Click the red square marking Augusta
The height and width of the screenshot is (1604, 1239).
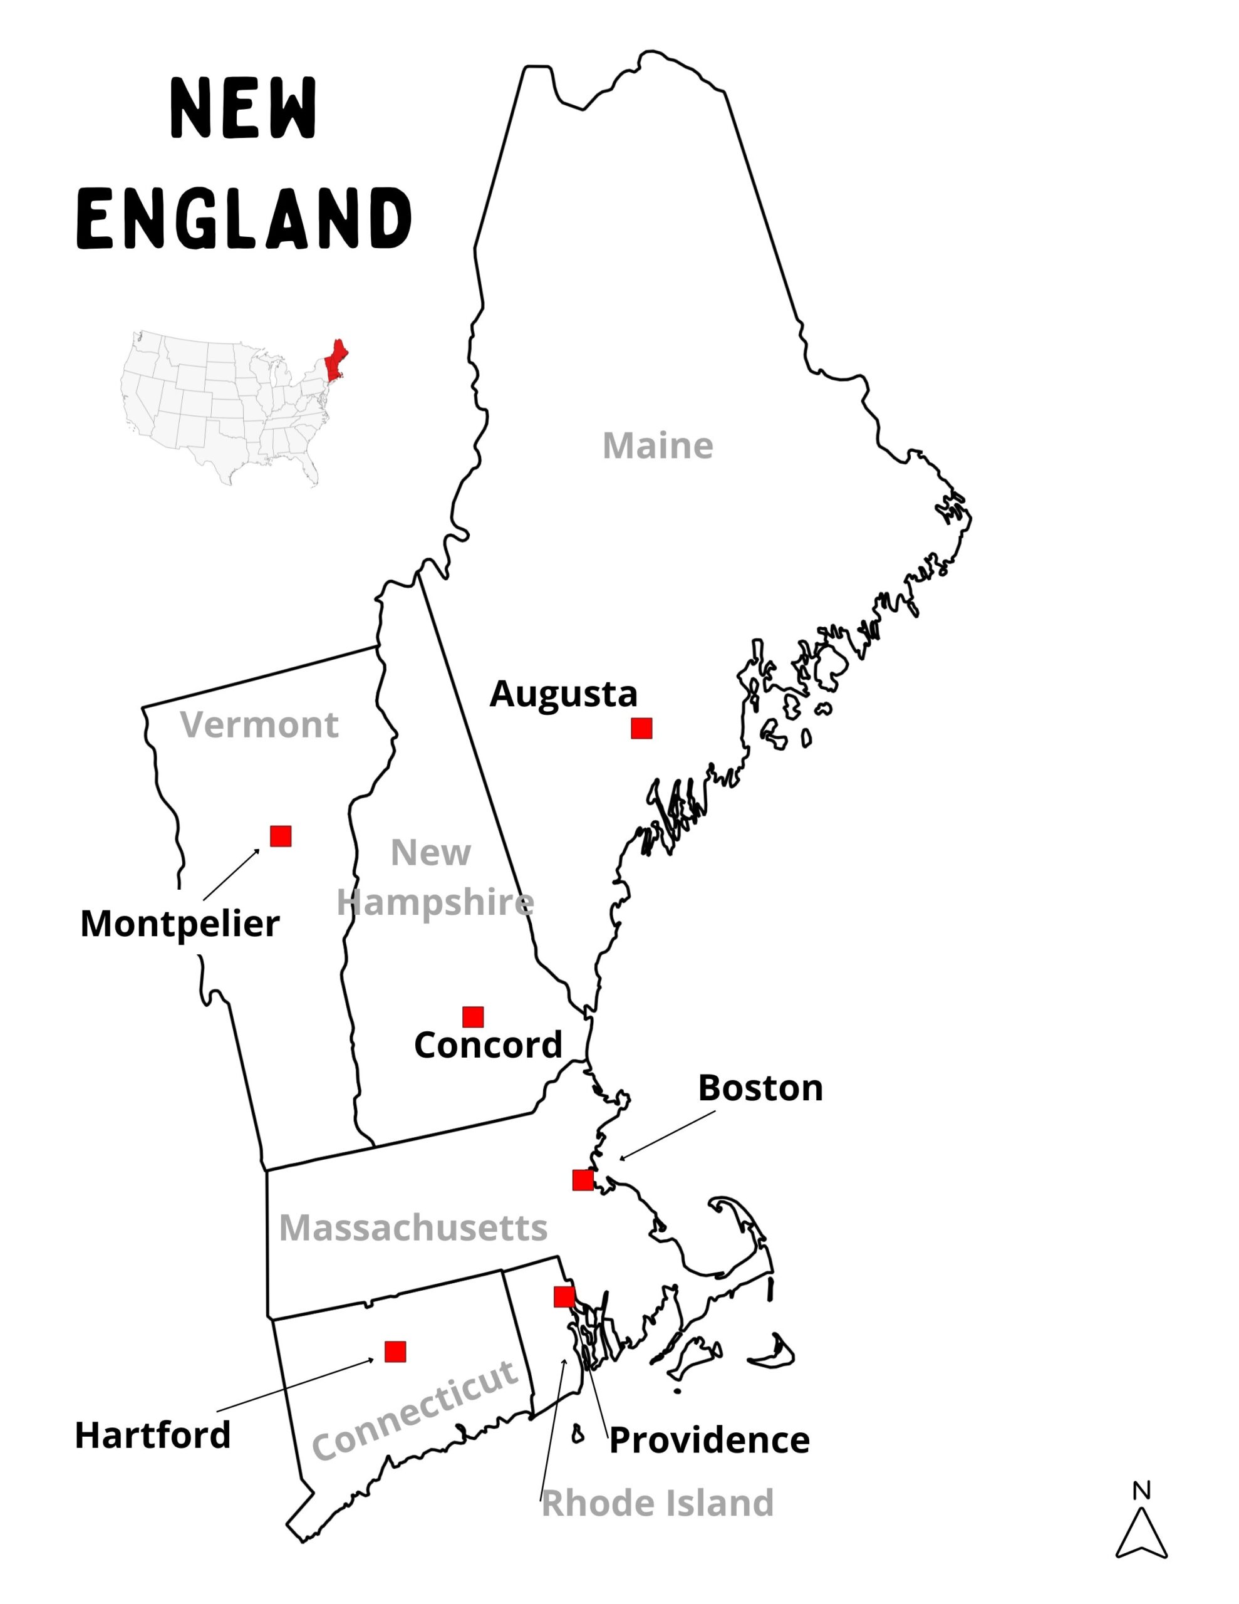(x=641, y=729)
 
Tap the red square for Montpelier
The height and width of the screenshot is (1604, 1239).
(x=281, y=836)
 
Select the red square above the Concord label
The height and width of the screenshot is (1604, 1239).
(x=473, y=1017)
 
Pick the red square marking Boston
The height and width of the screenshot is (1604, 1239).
(x=583, y=1180)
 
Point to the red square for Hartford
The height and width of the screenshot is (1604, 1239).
(x=395, y=1351)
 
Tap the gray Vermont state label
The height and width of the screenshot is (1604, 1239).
(x=259, y=725)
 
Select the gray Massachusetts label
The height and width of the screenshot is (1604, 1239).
(x=413, y=1227)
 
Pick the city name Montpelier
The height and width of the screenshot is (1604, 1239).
(x=180, y=924)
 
